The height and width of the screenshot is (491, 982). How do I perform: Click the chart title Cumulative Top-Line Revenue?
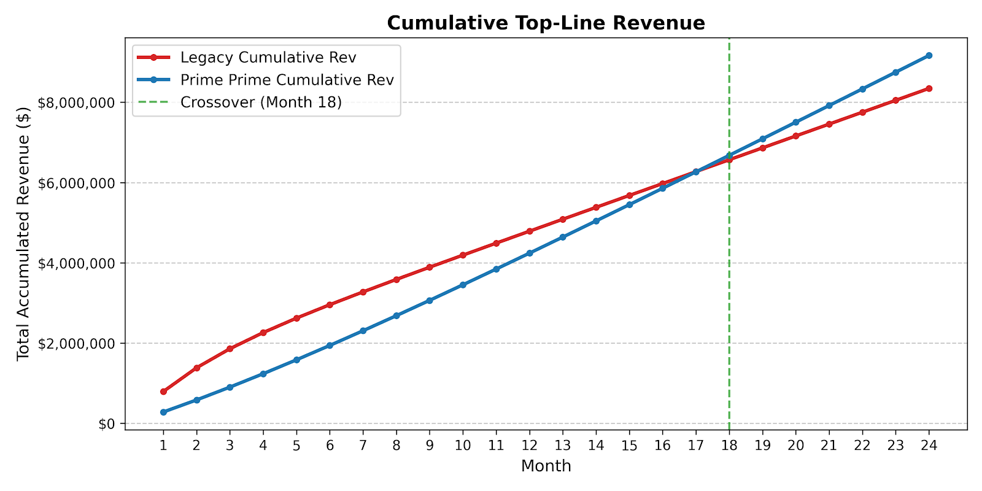[546, 23]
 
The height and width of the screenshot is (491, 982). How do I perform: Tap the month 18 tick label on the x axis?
[729, 446]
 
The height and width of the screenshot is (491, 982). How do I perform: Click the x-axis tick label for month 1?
[163, 446]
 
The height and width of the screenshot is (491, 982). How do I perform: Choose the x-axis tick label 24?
[929, 446]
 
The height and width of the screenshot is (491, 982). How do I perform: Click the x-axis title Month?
[546, 466]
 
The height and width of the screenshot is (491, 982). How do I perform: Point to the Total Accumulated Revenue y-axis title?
[23, 234]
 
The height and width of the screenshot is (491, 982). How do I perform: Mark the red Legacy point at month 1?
[163, 392]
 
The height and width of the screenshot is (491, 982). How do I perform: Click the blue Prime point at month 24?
[929, 56]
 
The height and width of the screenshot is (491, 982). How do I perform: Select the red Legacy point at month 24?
[929, 88]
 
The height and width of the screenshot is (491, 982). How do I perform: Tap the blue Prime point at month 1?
[163, 412]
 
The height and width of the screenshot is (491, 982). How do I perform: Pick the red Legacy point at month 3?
[230, 349]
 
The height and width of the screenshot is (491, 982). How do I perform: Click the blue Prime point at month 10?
[463, 285]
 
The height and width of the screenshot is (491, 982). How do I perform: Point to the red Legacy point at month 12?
[529, 231]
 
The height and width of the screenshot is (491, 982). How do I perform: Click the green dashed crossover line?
[729, 234]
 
